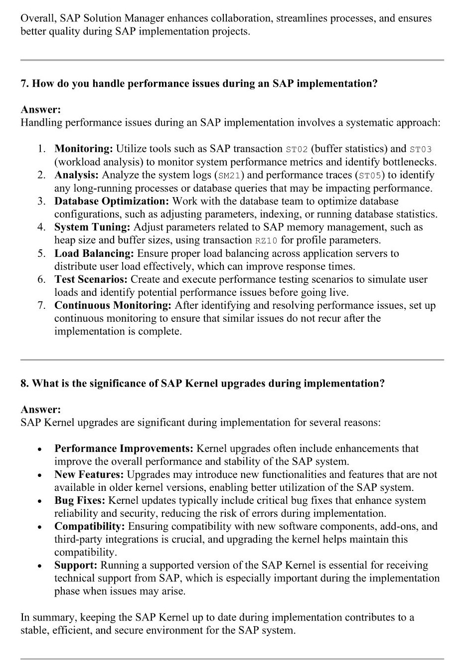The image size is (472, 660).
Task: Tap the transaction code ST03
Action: point(421,149)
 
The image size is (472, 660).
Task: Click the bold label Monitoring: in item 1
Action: point(84,149)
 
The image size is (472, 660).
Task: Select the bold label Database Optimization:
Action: point(112,201)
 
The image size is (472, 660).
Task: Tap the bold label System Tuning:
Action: point(92,227)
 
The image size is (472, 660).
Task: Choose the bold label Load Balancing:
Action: point(94,253)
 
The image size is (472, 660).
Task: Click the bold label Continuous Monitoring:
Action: point(113,305)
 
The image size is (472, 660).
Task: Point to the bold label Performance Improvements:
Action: point(124,448)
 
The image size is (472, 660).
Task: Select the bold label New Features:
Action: point(89,474)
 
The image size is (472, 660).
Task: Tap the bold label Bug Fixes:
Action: point(80,500)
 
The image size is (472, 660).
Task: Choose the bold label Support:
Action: point(76,565)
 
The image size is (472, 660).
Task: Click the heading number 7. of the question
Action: point(25,84)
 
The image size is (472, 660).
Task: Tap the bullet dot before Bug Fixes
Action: point(39,501)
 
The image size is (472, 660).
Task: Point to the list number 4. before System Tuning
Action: point(41,227)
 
